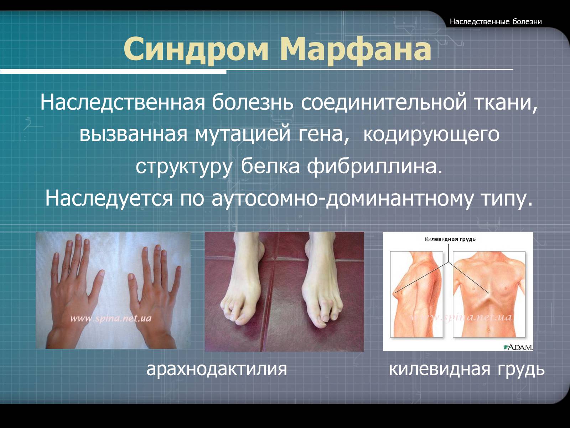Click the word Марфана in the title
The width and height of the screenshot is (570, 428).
(356, 49)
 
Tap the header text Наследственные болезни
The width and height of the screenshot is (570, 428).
(496, 21)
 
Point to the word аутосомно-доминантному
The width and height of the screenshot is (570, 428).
(345, 198)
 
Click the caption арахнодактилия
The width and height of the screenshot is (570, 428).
(217, 369)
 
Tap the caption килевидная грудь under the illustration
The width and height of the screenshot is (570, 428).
(467, 369)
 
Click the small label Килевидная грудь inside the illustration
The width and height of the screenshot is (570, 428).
(450, 239)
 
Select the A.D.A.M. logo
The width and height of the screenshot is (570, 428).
(518, 346)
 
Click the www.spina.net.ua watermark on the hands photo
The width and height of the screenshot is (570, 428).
(111, 319)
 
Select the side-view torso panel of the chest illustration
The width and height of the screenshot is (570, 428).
(416, 294)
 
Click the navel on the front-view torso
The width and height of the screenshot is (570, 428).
(488, 330)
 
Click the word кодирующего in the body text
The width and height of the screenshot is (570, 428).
(431, 134)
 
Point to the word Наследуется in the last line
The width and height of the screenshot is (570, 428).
(109, 198)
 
